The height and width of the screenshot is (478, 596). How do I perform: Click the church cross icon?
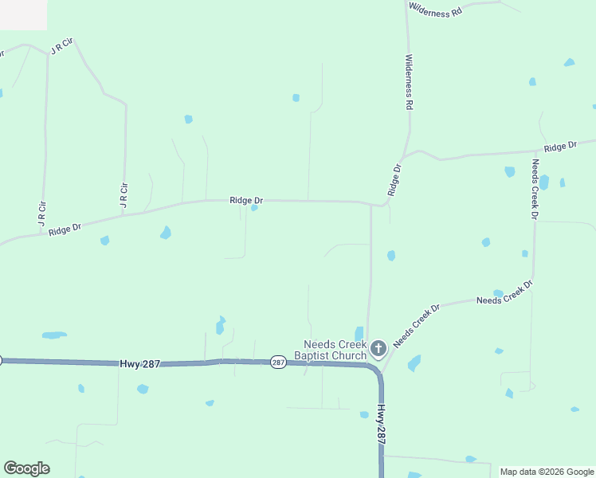378,347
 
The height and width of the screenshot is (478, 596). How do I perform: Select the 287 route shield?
277,362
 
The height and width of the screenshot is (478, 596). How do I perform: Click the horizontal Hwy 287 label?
140,363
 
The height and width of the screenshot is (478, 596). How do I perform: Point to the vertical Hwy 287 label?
382,425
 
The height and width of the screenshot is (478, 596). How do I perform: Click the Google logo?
26,468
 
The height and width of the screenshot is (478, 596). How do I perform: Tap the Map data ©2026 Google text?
547,472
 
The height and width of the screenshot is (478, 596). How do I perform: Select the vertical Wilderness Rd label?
409,82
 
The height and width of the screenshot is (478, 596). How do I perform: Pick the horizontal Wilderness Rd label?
435,10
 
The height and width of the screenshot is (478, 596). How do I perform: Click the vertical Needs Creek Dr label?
535,190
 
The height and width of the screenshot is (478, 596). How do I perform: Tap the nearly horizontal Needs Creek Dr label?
504,293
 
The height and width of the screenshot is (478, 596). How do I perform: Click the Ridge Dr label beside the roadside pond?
246,200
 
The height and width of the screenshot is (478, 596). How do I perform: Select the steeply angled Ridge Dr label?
394,180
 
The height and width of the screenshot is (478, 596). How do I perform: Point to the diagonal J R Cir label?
61,45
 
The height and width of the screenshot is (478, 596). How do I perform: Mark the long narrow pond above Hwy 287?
54,335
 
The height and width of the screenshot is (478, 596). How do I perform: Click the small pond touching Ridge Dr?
254,208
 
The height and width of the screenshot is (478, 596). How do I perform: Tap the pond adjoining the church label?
359,333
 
